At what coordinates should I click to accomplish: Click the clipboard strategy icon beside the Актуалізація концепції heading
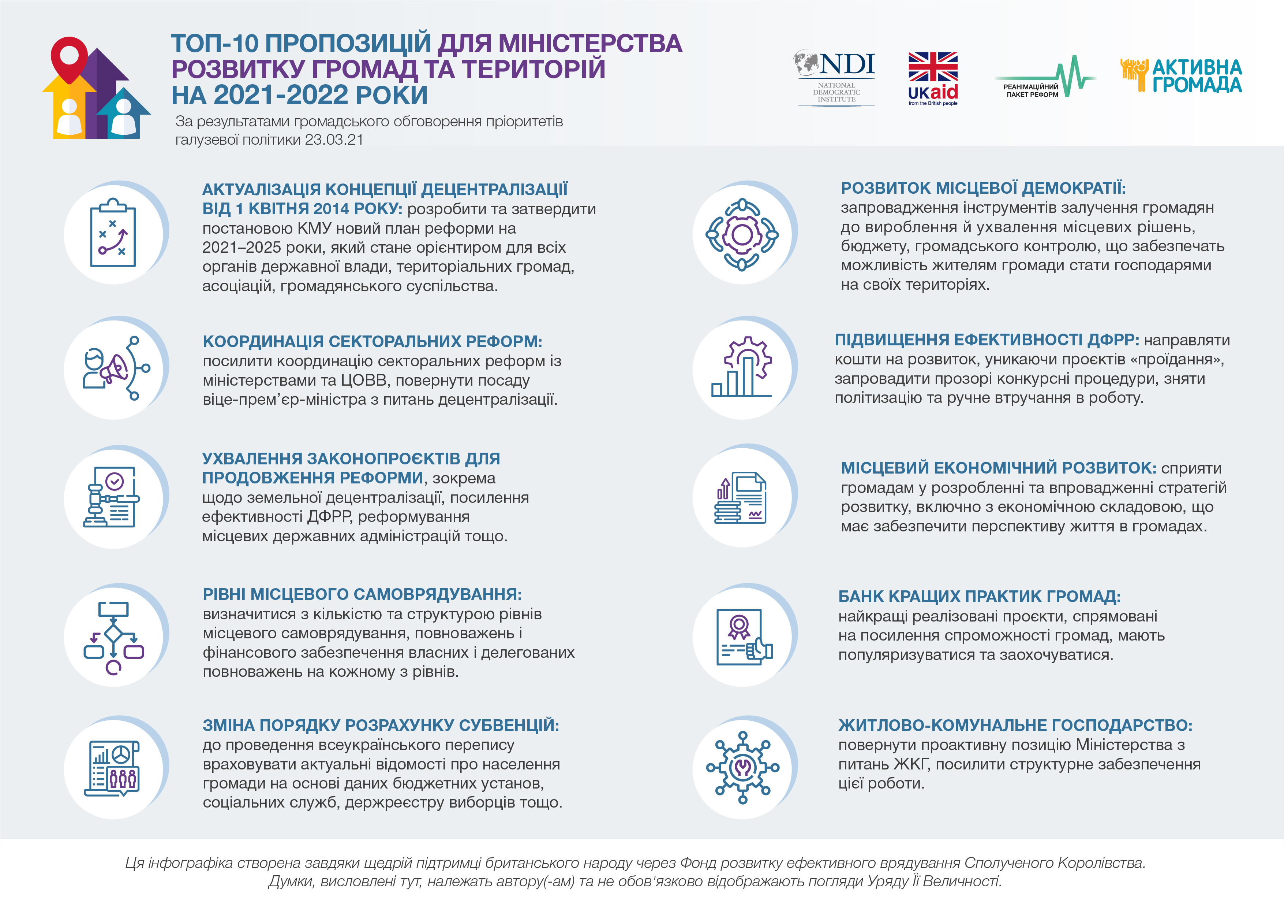(x=113, y=233)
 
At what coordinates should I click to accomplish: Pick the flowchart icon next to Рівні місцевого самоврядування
(x=113, y=638)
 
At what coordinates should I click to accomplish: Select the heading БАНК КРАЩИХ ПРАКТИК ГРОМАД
(x=979, y=597)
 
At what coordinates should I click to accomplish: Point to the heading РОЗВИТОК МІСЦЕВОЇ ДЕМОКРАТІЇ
(x=982, y=188)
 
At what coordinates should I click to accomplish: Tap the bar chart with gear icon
(x=742, y=367)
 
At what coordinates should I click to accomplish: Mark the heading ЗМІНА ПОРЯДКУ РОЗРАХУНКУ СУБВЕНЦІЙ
(x=380, y=726)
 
